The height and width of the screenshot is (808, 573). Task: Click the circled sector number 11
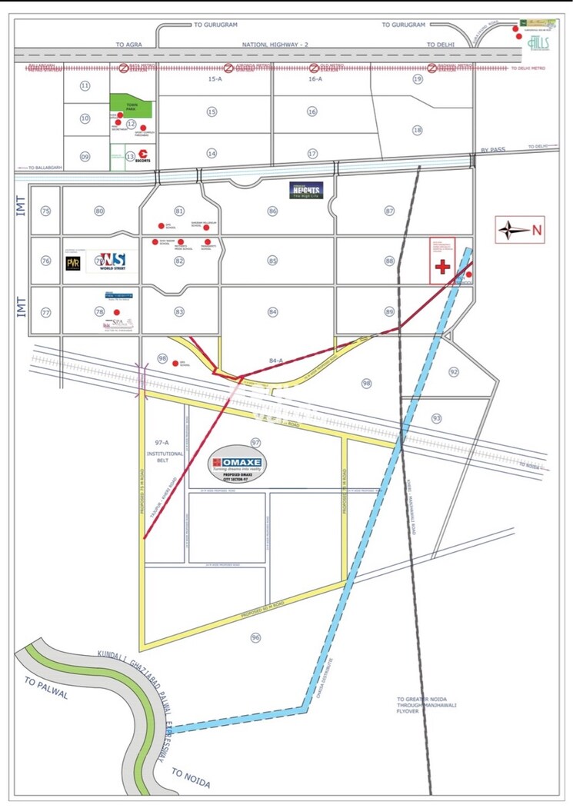coord(85,85)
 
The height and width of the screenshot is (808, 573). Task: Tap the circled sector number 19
coord(418,79)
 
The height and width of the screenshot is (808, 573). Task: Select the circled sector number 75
coord(46,211)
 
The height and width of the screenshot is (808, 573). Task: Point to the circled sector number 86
coord(273,211)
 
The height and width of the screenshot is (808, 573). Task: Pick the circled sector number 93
coord(437,418)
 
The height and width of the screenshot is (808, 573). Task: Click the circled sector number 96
coord(256,637)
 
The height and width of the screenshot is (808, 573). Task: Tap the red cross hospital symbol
coord(442,267)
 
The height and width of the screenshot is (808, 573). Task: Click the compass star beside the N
coord(513,229)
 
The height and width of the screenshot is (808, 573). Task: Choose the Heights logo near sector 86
coord(306,190)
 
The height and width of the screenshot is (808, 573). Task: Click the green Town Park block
coord(131,107)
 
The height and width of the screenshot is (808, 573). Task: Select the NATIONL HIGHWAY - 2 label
coord(274,45)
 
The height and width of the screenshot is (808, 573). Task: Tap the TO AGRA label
coord(131,45)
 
